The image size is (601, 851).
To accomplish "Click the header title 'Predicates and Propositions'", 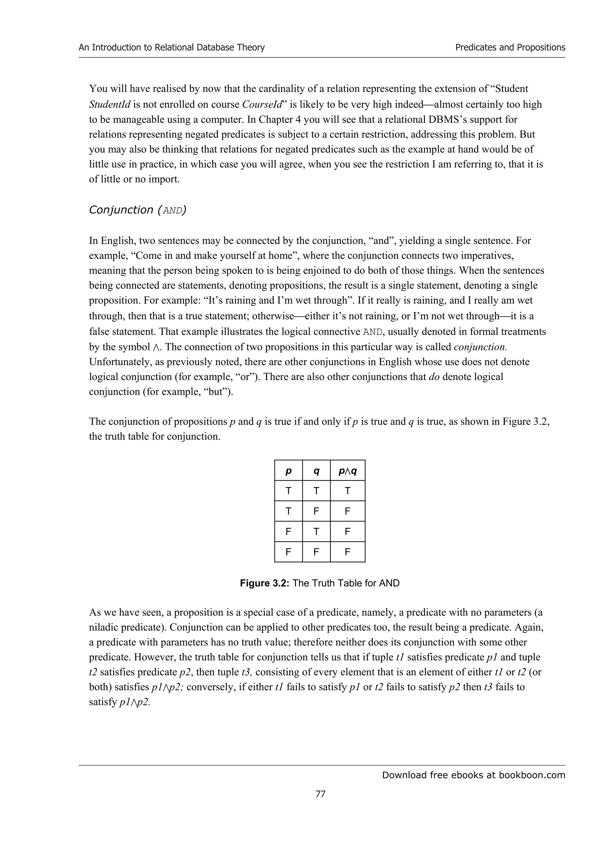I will tap(510, 48).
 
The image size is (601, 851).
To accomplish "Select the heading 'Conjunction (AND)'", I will tap(138, 210).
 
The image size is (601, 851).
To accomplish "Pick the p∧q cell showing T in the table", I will tap(347, 491).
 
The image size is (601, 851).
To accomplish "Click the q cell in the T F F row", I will tap(316, 512).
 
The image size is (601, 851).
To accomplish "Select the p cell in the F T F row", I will tap(288, 532).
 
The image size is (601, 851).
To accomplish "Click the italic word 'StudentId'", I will tap(110, 105).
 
